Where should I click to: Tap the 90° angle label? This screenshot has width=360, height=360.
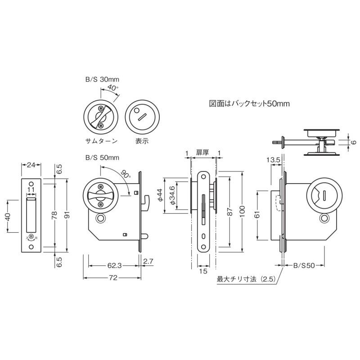coord(126,174)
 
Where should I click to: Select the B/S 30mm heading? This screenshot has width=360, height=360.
coord(103,80)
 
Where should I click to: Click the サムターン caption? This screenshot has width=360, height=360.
coord(101,141)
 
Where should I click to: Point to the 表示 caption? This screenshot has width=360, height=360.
coord(142,141)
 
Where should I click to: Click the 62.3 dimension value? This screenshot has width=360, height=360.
coord(114,265)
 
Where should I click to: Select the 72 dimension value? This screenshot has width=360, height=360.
coord(113,278)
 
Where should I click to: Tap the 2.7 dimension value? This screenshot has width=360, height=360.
coord(148,261)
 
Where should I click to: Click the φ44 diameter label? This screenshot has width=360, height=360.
coord(160,195)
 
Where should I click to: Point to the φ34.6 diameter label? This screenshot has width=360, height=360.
coord(172,195)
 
